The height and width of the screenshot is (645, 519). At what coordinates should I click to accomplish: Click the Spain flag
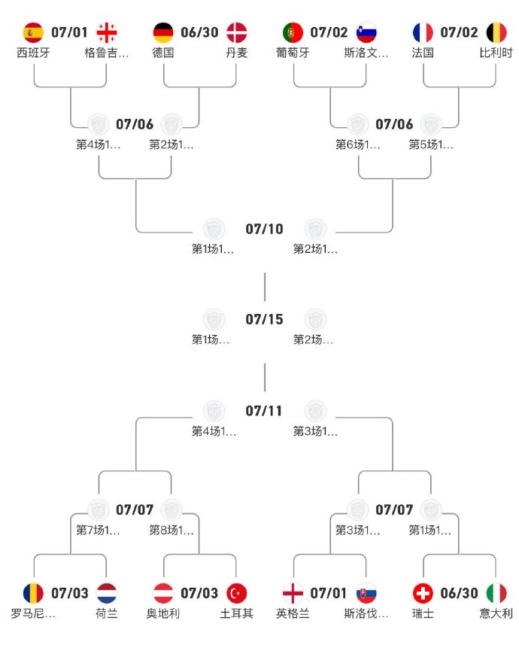(34, 32)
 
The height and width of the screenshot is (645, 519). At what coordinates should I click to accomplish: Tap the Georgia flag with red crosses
(107, 32)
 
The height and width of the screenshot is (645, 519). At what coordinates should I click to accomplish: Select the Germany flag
(163, 32)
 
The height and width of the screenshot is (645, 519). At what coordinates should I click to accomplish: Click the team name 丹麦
(235, 53)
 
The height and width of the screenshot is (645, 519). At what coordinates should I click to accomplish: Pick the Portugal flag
(293, 32)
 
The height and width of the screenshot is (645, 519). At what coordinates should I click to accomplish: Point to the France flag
(423, 32)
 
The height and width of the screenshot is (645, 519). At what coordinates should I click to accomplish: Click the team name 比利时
(496, 53)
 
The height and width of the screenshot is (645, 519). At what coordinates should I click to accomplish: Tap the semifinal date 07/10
(264, 229)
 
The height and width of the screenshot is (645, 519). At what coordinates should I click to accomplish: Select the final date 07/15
(264, 319)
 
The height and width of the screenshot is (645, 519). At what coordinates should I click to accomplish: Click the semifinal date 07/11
(264, 411)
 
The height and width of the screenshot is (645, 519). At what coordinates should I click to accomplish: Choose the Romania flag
(34, 593)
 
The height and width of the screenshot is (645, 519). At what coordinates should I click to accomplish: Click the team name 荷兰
(107, 613)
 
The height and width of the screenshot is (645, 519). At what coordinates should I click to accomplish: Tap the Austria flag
(163, 593)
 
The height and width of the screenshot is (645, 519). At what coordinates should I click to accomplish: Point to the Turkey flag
(236, 593)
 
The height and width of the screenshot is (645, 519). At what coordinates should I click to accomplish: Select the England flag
(293, 593)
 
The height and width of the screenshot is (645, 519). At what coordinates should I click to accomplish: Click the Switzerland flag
(423, 593)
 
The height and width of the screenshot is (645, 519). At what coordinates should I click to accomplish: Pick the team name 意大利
(496, 613)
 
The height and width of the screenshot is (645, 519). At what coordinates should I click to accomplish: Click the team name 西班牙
(34, 53)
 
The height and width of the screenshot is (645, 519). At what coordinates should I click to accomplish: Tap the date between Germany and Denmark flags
(199, 32)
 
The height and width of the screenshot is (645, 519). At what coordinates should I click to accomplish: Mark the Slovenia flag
(366, 32)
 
